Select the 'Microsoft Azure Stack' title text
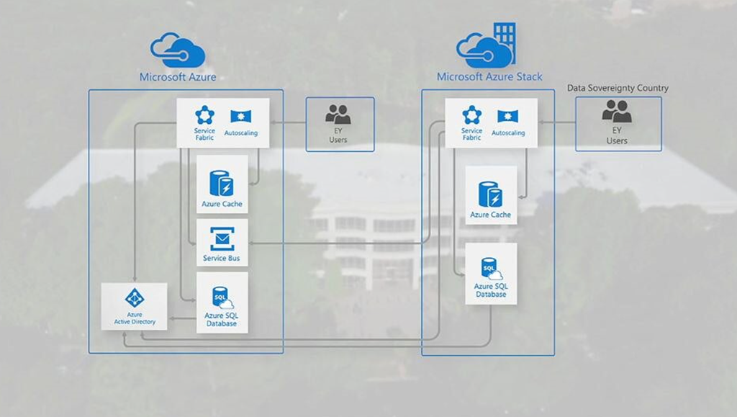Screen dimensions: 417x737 pos(489,76)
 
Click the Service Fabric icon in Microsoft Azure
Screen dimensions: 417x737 pos(204,115)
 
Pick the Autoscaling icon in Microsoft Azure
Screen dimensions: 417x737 pos(240,117)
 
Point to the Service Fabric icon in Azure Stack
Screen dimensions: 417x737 pos(471,115)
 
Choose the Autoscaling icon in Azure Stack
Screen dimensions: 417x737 pos(507,117)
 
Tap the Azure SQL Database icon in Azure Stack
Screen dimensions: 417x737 pos(491,269)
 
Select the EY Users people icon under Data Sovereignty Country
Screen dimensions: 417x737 pos(617,111)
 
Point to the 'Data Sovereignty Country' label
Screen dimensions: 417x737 pos(618,88)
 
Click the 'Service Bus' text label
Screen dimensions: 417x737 pos(222,259)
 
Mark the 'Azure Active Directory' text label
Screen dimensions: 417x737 pos(134,318)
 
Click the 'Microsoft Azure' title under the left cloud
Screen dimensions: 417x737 pos(177,77)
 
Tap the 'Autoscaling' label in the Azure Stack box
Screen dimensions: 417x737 pos(508,133)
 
